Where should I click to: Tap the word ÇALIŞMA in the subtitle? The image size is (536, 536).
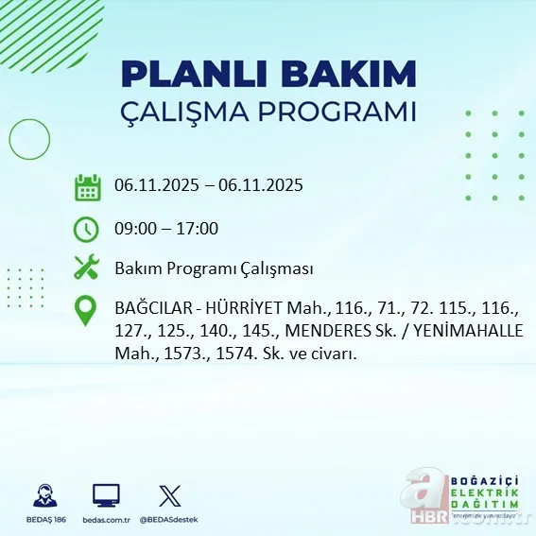[x=191, y=112]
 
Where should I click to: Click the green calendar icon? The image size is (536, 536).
[x=87, y=186]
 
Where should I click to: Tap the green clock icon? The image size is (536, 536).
[x=86, y=229]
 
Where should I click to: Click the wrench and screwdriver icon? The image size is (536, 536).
[x=87, y=268]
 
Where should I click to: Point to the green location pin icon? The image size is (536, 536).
[x=87, y=310]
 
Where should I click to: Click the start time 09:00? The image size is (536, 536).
[x=134, y=229]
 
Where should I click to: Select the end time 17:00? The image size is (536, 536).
[x=199, y=229]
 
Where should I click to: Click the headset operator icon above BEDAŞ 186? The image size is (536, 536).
[x=43, y=495]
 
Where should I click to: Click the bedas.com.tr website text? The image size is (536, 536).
[x=106, y=520]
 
